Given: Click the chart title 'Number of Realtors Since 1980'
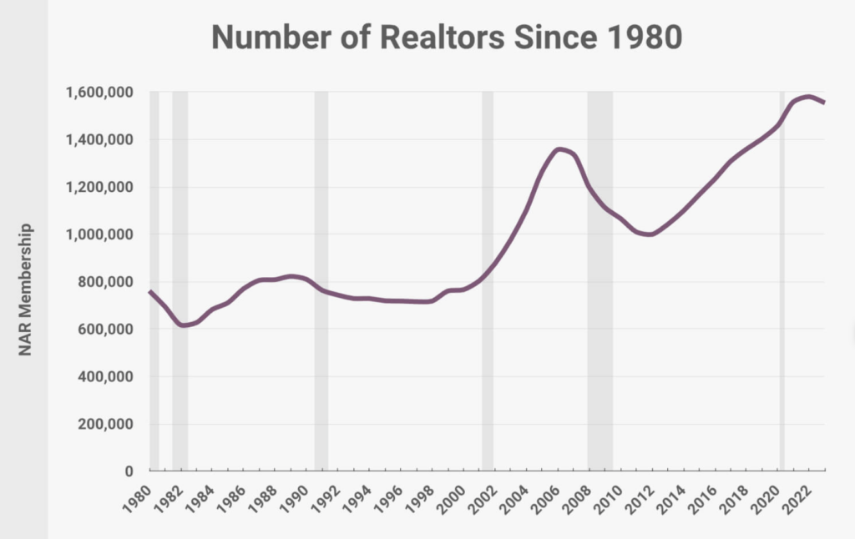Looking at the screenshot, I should [446, 38].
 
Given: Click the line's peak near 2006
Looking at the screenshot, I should [560, 149].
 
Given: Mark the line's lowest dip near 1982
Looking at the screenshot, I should [183, 325].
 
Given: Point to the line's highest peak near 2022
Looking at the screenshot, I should [807, 97].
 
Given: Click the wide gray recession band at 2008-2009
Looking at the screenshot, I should [600, 334].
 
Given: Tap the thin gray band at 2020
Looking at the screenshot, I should [782, 334].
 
